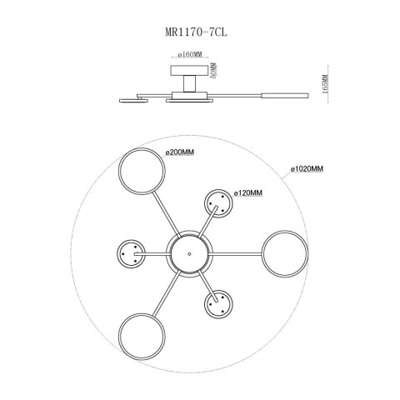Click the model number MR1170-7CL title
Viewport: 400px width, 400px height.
click(x=196, y=32)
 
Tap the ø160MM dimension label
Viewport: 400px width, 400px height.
click(x=190, y=54)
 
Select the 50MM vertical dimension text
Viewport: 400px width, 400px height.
click(x=213, y=71)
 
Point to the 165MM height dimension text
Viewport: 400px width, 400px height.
click(x=325, y=83)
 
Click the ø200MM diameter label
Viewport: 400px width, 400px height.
click(x=180, y=152)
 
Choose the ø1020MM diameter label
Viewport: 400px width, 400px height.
click(x=307, y=168)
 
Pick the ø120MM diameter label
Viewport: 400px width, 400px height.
click(x=248, y=192)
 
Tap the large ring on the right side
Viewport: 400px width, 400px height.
click(x=262, y=254)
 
